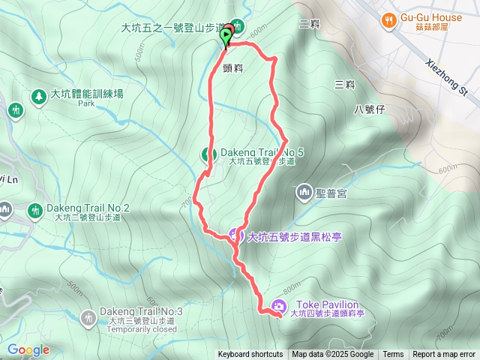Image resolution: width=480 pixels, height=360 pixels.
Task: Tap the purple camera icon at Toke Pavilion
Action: tap(279, 305)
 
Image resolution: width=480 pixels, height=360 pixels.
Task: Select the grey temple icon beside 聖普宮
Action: tap(304, 193)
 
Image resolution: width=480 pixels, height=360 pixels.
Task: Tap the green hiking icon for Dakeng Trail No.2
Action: tap(34, 209)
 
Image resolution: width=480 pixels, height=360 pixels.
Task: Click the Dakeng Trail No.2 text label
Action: tap(88, 208)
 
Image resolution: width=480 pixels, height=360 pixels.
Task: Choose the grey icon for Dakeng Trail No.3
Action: tap(89, 318)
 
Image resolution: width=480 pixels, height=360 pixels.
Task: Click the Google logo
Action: tap(28, 349)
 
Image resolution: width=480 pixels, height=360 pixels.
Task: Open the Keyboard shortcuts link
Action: tap(250, 355)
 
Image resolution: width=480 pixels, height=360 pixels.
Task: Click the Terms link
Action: tap(393, 355)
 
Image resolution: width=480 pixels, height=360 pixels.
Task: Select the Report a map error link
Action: tap(445, 355)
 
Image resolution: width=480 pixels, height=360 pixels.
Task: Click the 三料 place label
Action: tap(344, 84)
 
